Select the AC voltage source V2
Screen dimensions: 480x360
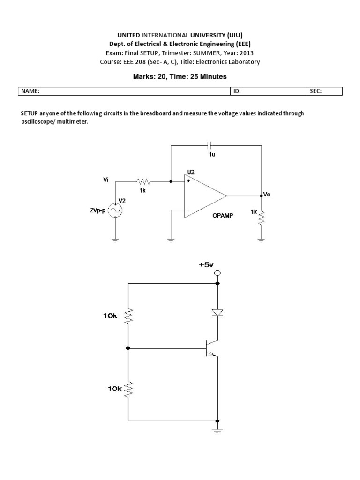pyautogui.click(x=115, y=211)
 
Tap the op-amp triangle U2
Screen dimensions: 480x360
pyautogui.click(x=204, y=195)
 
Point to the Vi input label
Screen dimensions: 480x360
pyautogui.click(x=106, y=179)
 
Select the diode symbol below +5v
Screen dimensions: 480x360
pyautogui.click(x=217, y=312)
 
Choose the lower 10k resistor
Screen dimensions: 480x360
pyautogui.click(x=128, y=388)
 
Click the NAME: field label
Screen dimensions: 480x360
pyautogui.click(x=29, y=91)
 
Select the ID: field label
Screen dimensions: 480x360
pyautogui.click(x=237, y=91)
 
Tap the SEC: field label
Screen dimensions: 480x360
pyautogui.click(x=315, y=91)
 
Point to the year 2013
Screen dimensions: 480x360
pyautogui.click(x=247, y=53)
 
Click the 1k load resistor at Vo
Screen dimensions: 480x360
pyautogui.click(x=262, y=216)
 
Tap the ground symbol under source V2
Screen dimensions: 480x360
pyautogui.click(x=115, y=240)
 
